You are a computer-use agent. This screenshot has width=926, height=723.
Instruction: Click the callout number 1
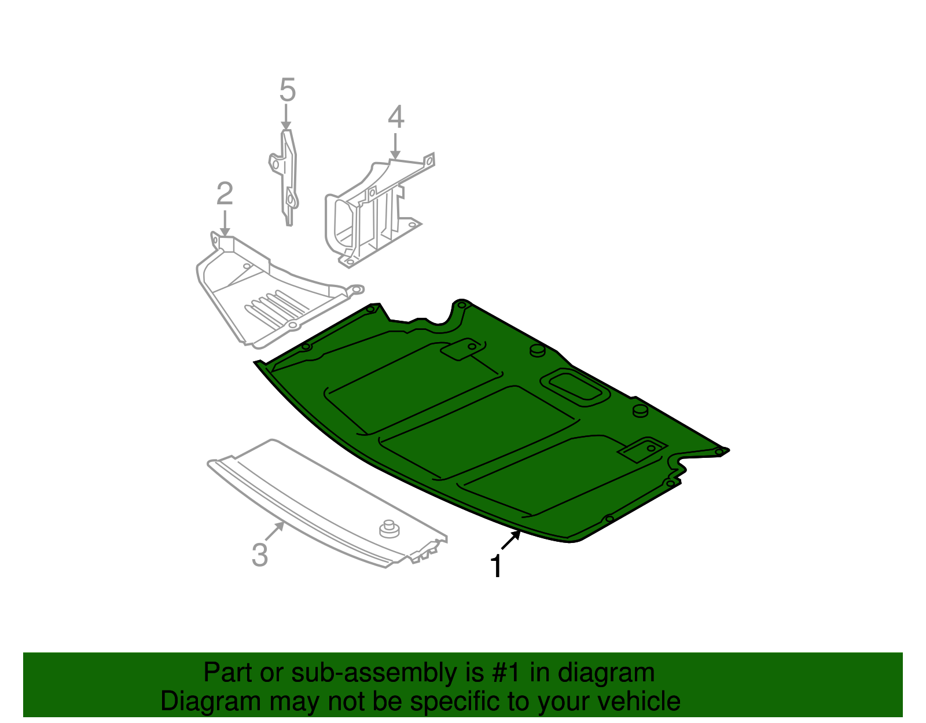(x=496, y=567)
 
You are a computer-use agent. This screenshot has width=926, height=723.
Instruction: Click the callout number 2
(x=225, y=194)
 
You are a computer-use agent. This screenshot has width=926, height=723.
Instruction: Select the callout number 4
(x=396, y=117)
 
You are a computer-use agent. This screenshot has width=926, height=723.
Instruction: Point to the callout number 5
(x=288, y=91)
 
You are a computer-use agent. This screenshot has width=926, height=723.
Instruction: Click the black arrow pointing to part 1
(x=510, y=540)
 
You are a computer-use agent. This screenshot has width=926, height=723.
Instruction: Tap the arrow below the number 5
(x=286, y=117)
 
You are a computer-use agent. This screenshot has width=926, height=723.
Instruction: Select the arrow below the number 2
(x=225, y=223)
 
